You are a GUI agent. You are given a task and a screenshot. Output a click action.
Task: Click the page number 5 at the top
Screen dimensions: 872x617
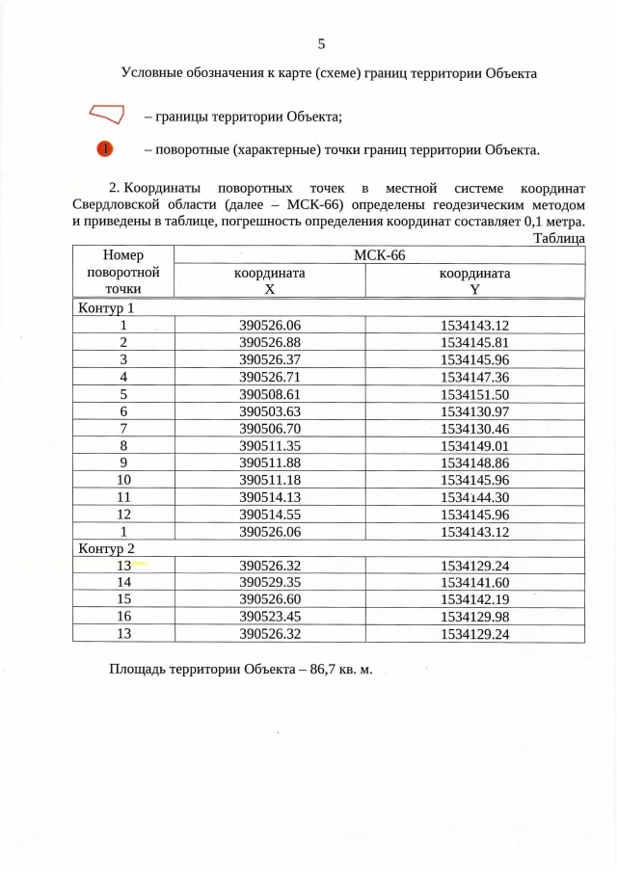pyautogui.click(x=321, y=42)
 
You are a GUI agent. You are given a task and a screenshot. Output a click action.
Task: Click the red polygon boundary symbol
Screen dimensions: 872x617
pyautogui.click(x=107, y=115)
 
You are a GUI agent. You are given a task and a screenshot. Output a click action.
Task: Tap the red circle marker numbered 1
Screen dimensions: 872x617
pyautogui.click(x=105, y=149)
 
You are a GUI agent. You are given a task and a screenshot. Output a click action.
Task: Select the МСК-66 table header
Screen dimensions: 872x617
pyautogui.click(x=379, y=254)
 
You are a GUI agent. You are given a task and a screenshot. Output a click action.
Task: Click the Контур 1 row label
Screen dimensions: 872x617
pyautogui.click(x=104, y=309)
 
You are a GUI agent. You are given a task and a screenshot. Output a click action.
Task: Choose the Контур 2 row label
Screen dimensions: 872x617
pyautogui.click(x=104, y=549)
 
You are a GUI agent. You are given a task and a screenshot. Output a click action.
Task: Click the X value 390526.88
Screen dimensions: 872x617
pyautogui.click(x=270, y=342)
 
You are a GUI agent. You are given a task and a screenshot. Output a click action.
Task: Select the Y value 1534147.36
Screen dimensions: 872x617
pyautogui.click(x=474, y=377)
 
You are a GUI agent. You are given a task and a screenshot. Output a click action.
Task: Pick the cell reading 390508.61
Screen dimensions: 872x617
pyautogui.click(x=270, y=394)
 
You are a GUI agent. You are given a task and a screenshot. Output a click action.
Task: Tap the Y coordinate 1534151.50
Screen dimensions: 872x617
pyautogui.click(x=474, y=394)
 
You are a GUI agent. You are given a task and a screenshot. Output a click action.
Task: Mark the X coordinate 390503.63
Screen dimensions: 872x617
pyautogui.click(x=270, y=411)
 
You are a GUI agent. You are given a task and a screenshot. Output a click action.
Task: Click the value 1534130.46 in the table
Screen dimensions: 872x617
pyautogui.click(x=474, y=428)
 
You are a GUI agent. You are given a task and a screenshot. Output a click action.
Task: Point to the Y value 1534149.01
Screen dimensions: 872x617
pyautogui.click(x=474, y=445)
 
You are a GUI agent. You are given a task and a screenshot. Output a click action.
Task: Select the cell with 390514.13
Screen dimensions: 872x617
pyautogui.click(x=270, y=497)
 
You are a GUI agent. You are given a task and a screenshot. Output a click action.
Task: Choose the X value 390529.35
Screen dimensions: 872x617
pyautogui.click(x=270, y=582)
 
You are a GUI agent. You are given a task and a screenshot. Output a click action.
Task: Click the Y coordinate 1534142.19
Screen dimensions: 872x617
pyautogui.click(x=474, y=599)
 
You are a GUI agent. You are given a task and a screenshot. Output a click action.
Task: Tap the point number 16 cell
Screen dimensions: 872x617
pyautogui.click(x=123, y=617)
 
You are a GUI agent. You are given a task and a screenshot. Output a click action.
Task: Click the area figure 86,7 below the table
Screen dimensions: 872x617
pyautogui.click(x=327, y=668)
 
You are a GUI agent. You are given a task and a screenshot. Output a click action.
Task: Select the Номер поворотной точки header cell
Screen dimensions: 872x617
pyautogui.click(x=123, y=271)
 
